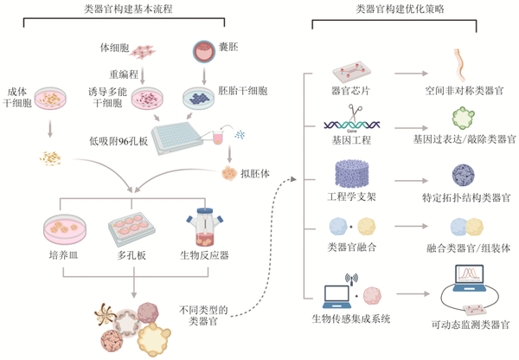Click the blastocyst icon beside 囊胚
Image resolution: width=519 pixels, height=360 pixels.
point(204,51)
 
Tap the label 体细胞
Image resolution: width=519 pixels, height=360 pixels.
point(114,48)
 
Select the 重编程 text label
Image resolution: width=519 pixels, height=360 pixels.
point(124,74)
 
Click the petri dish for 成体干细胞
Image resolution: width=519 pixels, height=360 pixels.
point(50,99)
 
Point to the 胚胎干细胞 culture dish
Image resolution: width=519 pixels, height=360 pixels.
point(199,99)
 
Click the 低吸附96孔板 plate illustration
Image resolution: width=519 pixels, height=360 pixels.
point(176,138)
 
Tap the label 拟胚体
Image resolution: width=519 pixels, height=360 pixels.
point(255,174)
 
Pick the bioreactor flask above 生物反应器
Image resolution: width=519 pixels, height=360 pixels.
point(204,228)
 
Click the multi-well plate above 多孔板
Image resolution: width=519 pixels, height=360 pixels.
point(131,229)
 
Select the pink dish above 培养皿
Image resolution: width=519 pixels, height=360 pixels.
point(65,229)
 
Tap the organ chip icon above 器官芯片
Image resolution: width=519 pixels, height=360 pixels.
point(351,73)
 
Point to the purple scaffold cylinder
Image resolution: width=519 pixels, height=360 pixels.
point(351,174)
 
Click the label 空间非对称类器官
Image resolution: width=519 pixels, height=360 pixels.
point(465,90)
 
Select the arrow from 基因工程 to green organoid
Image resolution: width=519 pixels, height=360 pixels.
point(411,128)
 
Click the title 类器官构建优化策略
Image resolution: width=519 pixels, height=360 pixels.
point(400,9)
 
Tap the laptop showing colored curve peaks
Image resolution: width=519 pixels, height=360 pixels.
point(469,278)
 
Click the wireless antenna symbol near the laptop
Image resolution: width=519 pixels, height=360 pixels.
point(351,279)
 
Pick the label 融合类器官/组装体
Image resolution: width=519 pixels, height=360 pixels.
point(468,247)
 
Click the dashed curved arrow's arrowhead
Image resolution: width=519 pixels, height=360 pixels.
point(293,179)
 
